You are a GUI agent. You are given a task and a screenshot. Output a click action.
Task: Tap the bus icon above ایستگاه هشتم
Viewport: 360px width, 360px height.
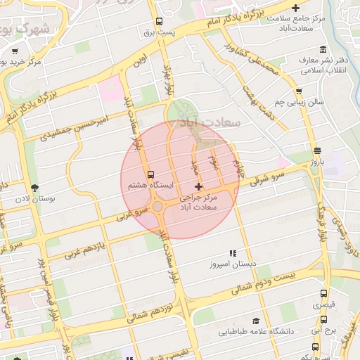pos(150,174)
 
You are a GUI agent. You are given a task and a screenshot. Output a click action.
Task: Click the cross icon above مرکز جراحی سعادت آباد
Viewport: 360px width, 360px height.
pos(199,187)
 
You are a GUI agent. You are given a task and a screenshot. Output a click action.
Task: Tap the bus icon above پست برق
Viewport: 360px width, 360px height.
pos(160,21)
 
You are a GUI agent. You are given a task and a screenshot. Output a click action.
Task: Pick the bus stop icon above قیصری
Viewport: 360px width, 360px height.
pos(323,294)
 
